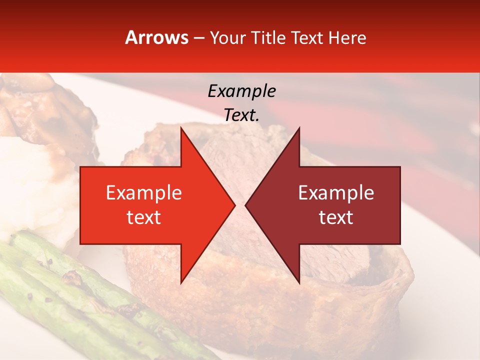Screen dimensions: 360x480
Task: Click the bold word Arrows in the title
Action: (x=157, y=37)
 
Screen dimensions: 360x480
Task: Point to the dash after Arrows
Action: (x=199, y=38)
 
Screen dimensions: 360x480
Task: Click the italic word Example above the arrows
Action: (x=241, y=91)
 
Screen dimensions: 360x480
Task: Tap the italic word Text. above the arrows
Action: (x=241, y=115)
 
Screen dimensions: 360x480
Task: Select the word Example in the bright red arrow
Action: (x=144, y=192)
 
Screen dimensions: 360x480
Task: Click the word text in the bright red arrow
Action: (x=144, y=217)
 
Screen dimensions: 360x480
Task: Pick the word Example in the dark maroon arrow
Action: (x=336, y=192)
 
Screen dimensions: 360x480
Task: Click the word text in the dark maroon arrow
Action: (x=336, y=217)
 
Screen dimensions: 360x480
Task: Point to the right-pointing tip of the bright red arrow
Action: (x=234, y=205)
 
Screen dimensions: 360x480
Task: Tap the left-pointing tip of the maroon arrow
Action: (x=245, y=205)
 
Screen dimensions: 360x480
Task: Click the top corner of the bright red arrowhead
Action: (x=181, y=128)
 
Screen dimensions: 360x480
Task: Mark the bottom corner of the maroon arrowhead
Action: (x=299, y=283)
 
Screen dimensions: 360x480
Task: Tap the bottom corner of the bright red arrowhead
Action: (x=181, y=283)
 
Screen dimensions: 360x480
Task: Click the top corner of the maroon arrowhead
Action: (x=299, y=128)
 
